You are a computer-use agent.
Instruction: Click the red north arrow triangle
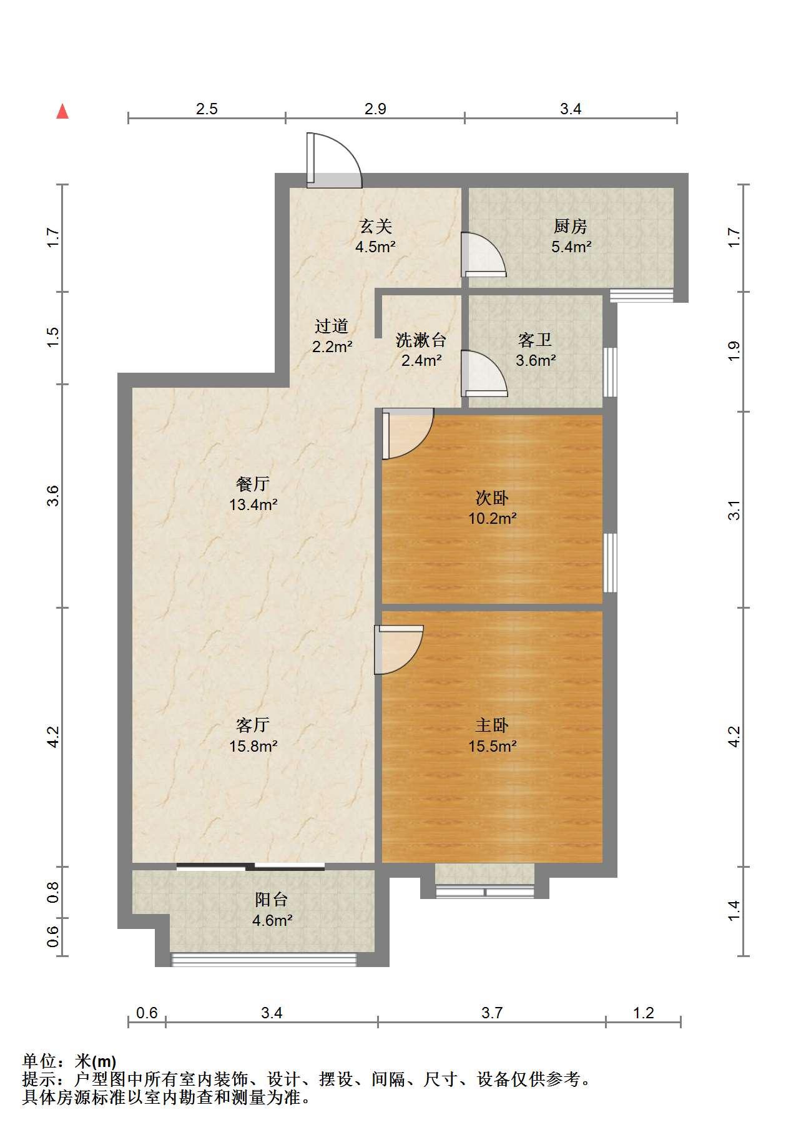[62, 112]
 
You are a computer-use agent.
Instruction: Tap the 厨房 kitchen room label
[570, 226]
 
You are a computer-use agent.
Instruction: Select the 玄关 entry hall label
[375, 226]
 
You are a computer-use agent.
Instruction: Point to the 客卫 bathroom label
[535, 340]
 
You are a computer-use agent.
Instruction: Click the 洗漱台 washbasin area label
[421, 340]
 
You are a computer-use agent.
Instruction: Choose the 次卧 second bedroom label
[492, 498]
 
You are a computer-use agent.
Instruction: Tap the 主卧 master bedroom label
[492, 725]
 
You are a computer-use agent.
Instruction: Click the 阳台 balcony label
[272, 900]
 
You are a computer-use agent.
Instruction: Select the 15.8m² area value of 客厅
[253, 745]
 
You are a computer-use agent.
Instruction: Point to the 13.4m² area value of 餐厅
[253, 504]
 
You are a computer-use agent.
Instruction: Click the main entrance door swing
[334, 160]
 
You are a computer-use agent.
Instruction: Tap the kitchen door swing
[483, 254]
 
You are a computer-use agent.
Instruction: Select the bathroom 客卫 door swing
[483, 373]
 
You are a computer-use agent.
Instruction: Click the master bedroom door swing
[398, 650]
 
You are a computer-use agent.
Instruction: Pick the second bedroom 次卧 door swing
[408, 433]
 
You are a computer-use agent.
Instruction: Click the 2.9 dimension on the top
[375, 109]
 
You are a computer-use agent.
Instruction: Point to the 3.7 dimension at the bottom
[492, 1013]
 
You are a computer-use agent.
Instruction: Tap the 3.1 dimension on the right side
[735, 509]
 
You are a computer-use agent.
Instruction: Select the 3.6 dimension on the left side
[53, 496]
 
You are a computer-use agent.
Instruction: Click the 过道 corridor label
[332, 326]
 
